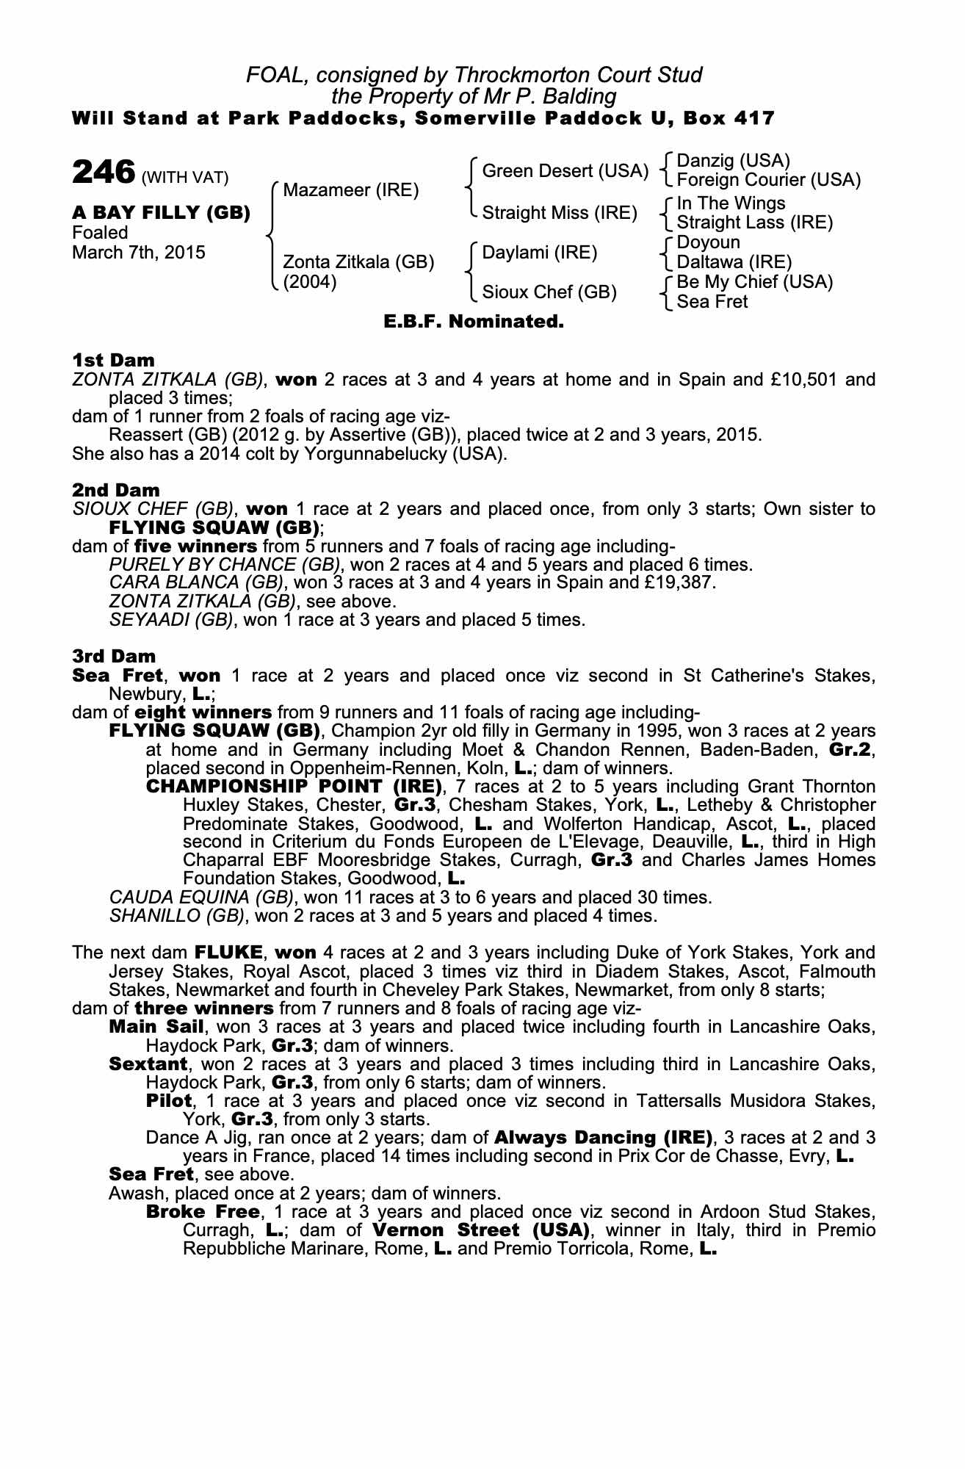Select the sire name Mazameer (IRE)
(x=350, y=191)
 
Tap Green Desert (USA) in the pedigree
(x=565, y=172)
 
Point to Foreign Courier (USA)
(x=768, y=180)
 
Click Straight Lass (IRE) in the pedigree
(x=754, y=223)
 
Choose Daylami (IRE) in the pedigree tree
(x=540, y=253)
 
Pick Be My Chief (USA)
(x=754, y=282)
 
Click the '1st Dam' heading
(x=113, y=360)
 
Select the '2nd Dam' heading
(x=115, y=489)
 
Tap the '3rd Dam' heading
(x=114, y=656)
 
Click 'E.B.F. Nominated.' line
(x=474, y=322)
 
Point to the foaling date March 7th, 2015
(x=139, y=253)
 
